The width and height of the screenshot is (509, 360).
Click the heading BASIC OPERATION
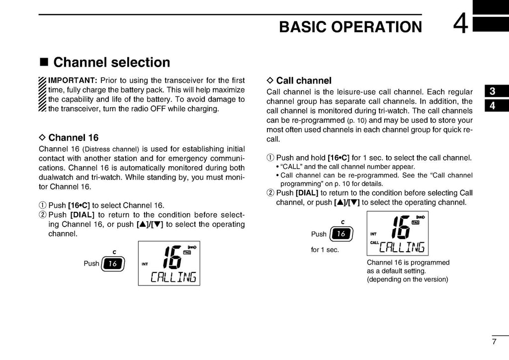coord(350,27)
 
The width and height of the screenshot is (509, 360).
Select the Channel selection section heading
coord(111,62)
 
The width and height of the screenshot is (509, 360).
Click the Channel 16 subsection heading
coord(73,138)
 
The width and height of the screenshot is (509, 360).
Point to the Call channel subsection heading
coord(303,81)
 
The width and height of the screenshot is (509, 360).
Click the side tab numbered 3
coord(492,91)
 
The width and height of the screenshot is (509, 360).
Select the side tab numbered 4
coord(492,105)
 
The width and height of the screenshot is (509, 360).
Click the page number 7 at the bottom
coord(494,341)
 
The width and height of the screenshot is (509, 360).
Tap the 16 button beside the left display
coord(113,264)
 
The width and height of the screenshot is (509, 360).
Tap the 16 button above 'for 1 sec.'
coord(340,234)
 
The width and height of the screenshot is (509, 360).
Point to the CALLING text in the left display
coord(173,277)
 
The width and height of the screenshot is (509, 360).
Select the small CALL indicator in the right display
coord(374,242)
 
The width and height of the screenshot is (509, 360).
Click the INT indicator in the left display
coord(145,264)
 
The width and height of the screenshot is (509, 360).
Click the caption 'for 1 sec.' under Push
coord(325,250)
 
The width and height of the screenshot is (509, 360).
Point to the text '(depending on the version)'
coord(407,279)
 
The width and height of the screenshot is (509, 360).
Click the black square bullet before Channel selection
coord(44,63)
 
